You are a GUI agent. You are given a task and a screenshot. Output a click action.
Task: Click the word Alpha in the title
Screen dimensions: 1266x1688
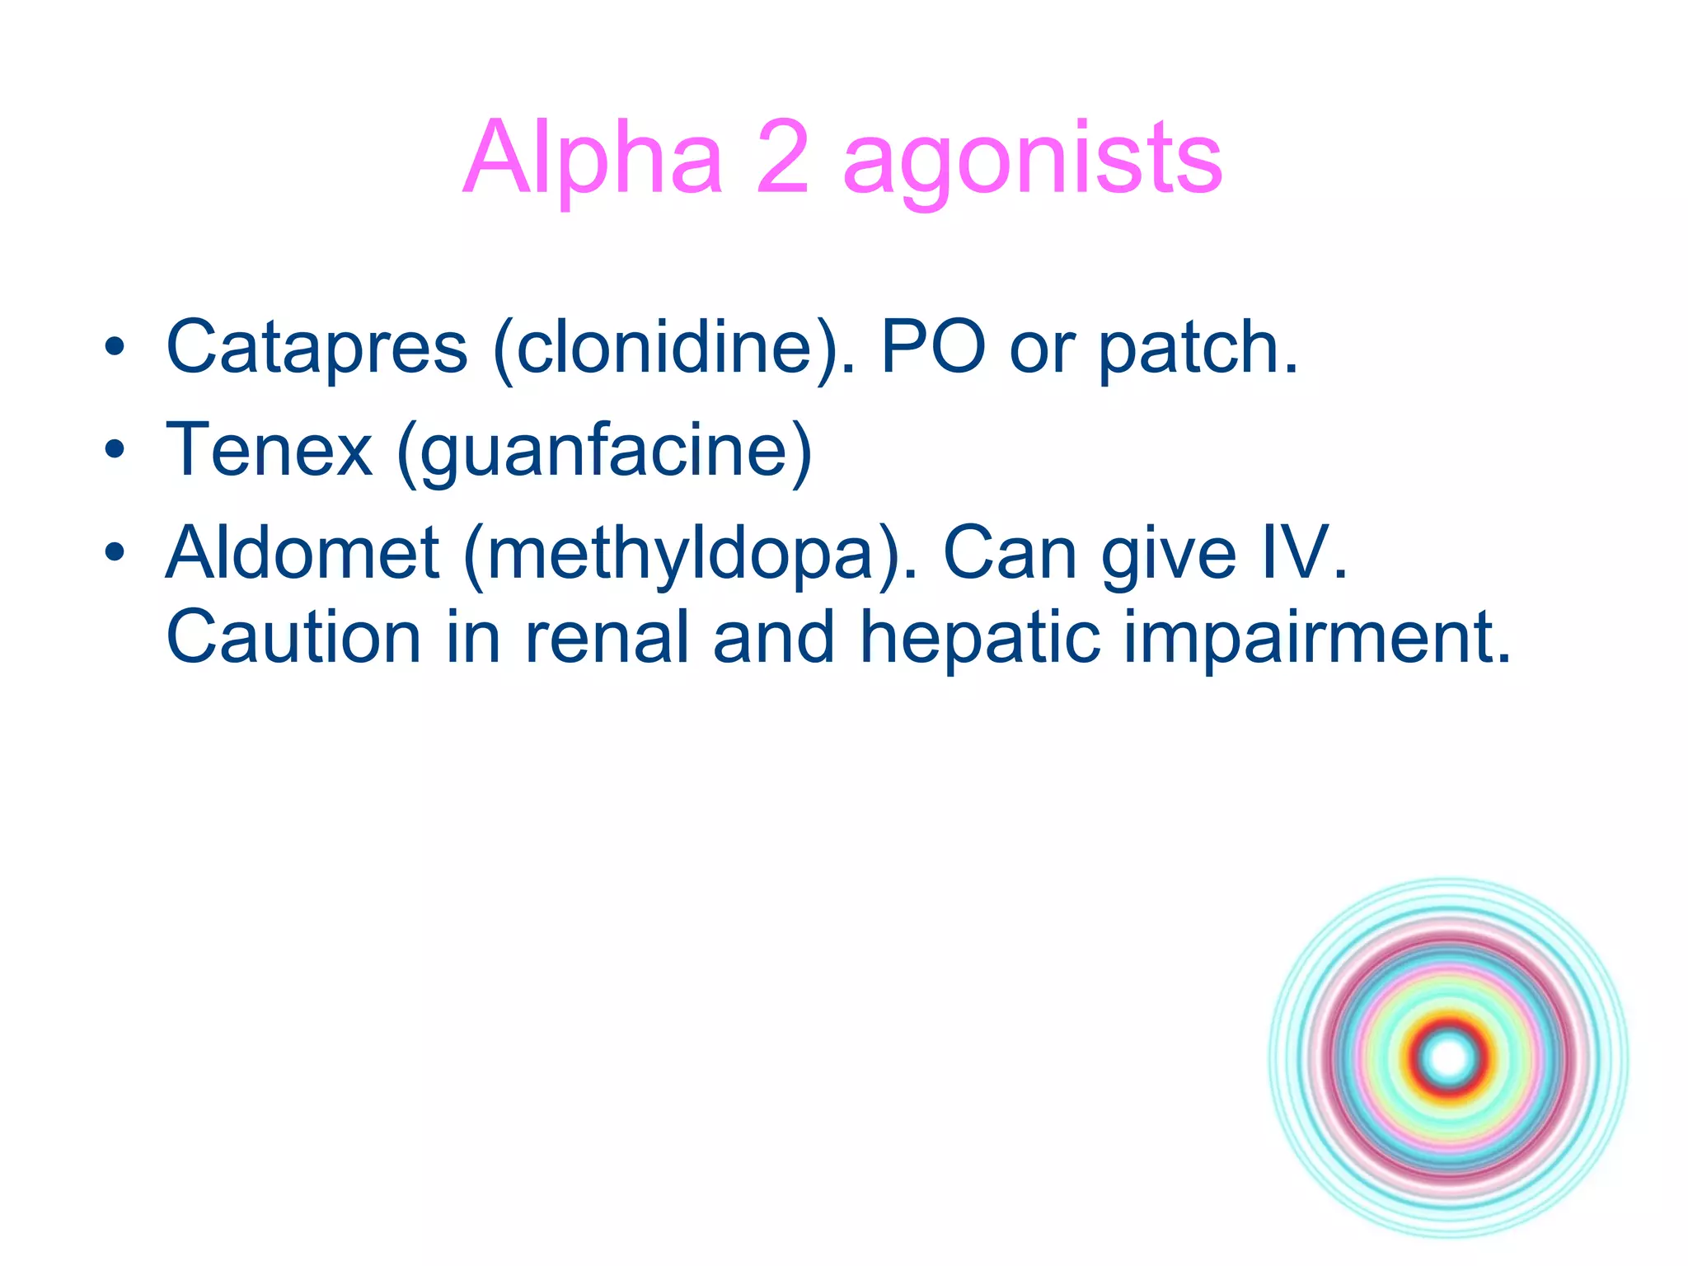[593, 158]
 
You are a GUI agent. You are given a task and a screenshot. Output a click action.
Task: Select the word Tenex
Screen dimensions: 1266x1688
[269, 450]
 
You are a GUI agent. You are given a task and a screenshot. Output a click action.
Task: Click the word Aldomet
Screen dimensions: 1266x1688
[302, 553]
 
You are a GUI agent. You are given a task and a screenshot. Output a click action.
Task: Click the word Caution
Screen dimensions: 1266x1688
[293, 637]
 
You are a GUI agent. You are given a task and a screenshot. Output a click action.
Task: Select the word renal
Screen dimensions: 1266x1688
[607, 637]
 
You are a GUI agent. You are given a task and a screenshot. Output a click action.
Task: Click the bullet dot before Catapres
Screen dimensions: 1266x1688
[115, 348]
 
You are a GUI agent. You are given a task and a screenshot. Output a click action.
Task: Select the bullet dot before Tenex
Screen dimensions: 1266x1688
[115, 450]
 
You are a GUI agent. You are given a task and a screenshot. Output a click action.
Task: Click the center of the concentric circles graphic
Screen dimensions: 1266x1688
[1449, 1057]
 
